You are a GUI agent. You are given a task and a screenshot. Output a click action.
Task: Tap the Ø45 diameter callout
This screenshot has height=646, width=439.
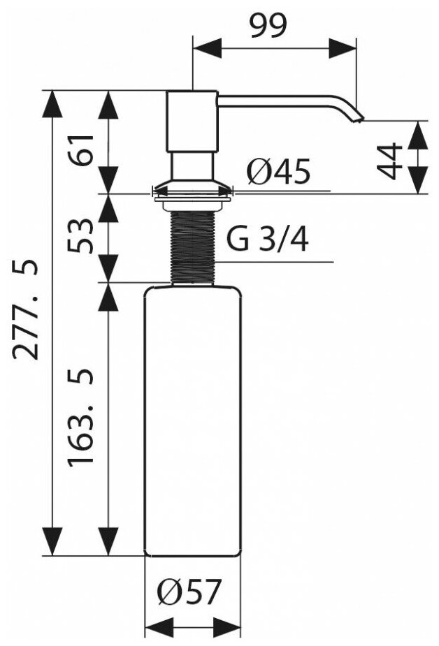click(x=278, y=172)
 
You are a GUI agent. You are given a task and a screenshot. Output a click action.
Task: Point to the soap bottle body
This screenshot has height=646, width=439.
click(x=192, y=419)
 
